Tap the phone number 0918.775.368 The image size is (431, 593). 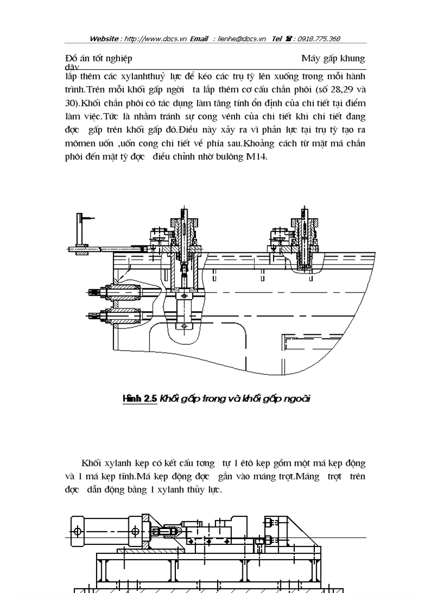click(x=319, y=39)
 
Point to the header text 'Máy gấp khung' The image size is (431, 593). click(x=333, y=58)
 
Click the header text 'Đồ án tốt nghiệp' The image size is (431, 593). click(x=99, y=58)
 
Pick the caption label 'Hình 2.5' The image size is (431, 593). click(x=139, y=399)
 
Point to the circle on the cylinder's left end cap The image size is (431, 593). click(x=77, y=530)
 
